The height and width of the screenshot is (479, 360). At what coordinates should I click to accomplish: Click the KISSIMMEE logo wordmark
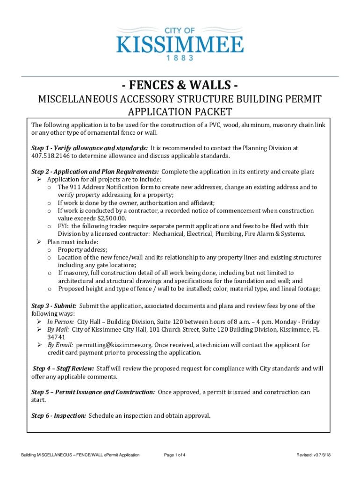[180, 45]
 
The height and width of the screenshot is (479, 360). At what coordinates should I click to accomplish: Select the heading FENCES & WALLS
[180, 86]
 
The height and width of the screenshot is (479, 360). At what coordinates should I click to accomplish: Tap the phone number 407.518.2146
[50, 156]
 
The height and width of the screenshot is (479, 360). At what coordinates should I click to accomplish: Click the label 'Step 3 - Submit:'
[54, 306]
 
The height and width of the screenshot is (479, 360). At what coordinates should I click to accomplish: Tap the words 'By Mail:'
[58, 329]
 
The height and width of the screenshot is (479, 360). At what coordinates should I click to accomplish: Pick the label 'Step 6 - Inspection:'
[58, 415]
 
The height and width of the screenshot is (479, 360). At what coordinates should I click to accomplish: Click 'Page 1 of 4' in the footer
[175, 455]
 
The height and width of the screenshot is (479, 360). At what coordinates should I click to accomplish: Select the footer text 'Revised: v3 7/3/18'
[317, 455]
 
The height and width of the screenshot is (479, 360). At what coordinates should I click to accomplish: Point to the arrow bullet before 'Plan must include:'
[40, 242]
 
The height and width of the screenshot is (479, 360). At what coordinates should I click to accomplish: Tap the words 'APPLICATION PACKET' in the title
[180, 112]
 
